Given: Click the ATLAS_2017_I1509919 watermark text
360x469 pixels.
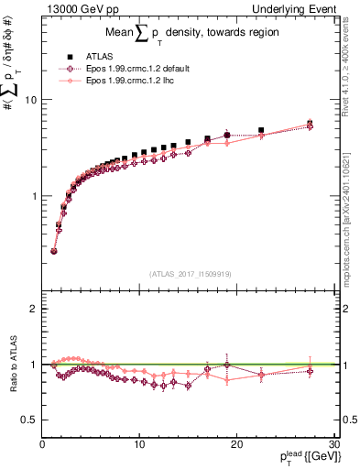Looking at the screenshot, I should [x=189, y=273].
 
